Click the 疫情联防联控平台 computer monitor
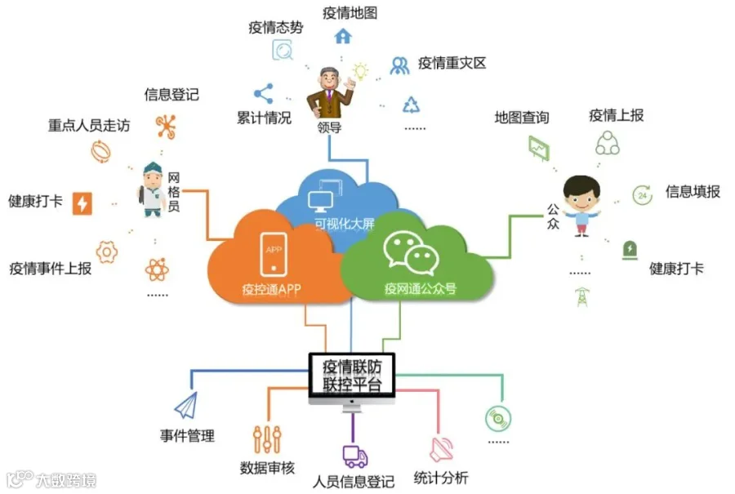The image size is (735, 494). [x=352, y=376]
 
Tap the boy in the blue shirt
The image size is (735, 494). [x=581, y=204]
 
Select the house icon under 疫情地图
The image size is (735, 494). [x=343, y=36]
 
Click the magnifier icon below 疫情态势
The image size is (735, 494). [x=283, y=51]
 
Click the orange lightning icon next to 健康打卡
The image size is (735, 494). [x=82, y=202]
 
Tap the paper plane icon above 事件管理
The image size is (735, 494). [x=185, y=405]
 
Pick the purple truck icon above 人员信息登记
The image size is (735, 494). [x=354, y=456]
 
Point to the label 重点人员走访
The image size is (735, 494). [x=89, y=126]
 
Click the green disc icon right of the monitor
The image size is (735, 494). [x=497, y=418]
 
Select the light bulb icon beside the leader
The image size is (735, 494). [x=360, y=71]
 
